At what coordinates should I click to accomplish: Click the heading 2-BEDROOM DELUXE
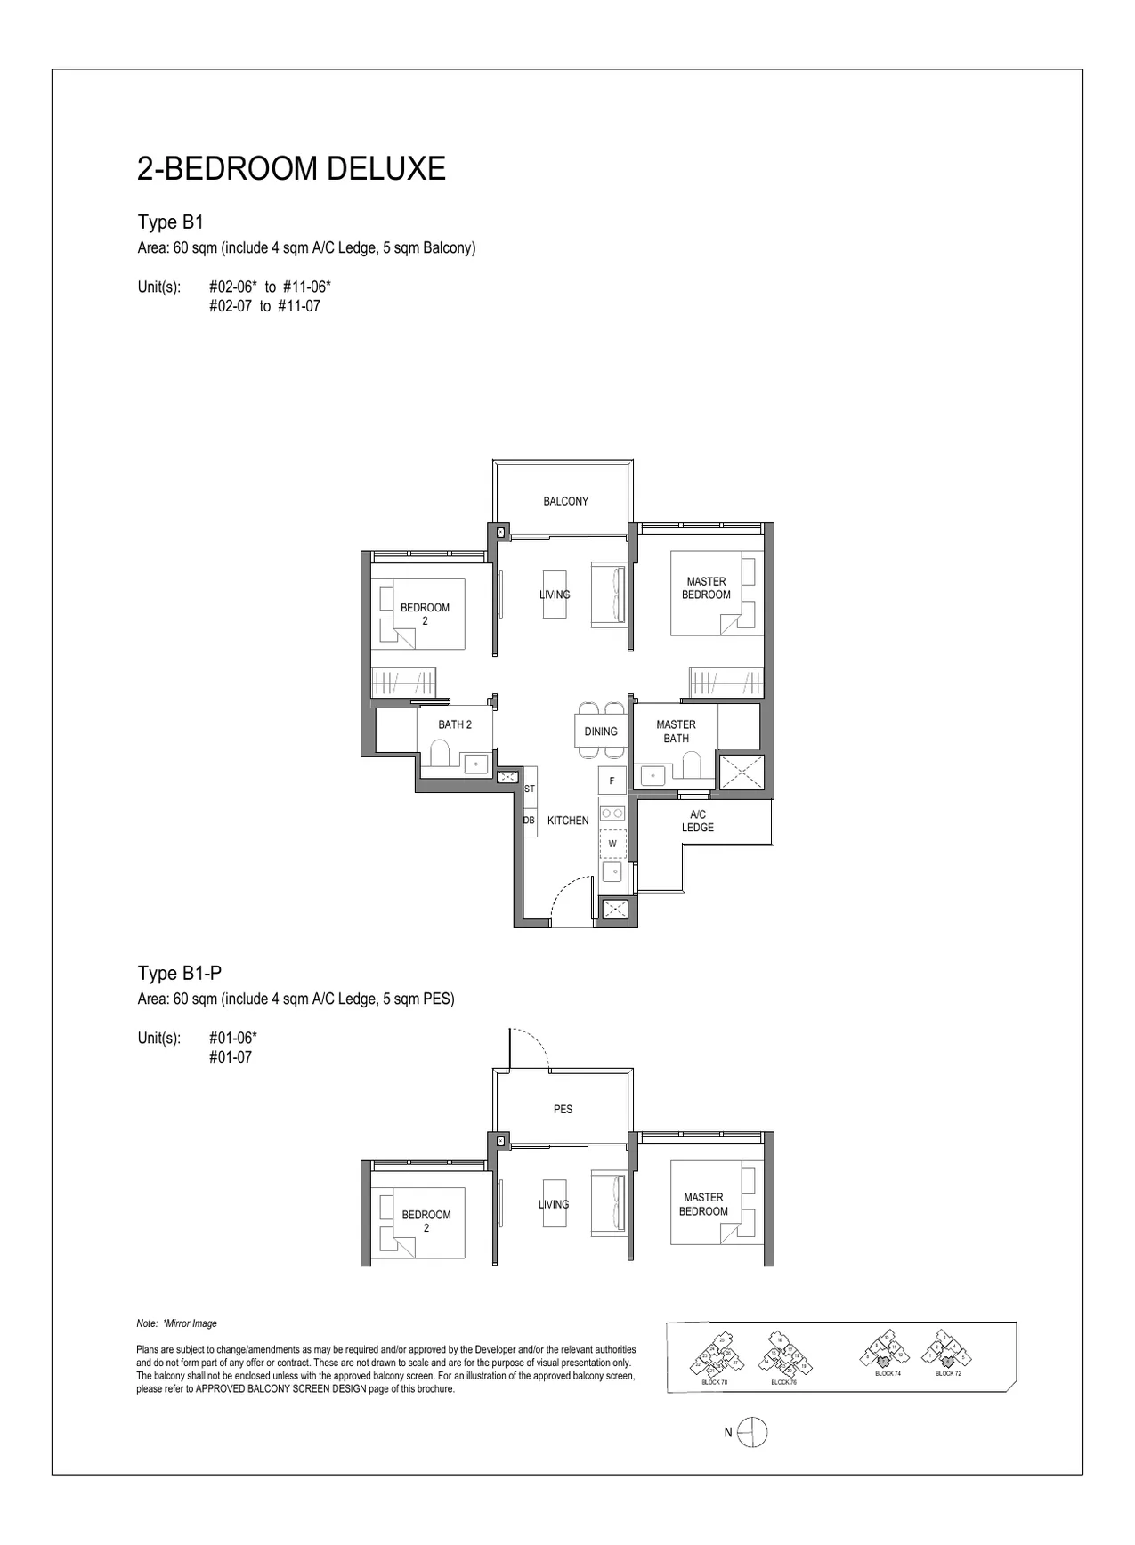click(291, 168)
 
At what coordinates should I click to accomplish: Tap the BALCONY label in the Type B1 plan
click(565, 502)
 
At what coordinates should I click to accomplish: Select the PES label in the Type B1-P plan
click(563, 1110)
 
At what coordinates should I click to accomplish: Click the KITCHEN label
click(568, 821)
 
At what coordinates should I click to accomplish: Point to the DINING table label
click(601, 732)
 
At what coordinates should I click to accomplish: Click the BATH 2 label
click(455, 724)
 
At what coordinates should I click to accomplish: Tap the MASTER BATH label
click(676, 732)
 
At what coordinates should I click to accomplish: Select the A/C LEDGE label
click(698, 821)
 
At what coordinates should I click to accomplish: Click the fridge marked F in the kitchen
click(612, 781)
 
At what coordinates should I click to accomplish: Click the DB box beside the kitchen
click(528, 821)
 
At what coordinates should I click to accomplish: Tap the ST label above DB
click(530, 789)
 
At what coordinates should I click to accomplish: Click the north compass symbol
click(752, 1432)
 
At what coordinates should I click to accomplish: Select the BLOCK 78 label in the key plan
click(714, 1382)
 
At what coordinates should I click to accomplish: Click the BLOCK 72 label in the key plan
click(947, 1373)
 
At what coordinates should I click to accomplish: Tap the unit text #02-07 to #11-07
click(264, 306)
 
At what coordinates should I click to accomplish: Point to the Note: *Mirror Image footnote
click(177, 1323)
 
